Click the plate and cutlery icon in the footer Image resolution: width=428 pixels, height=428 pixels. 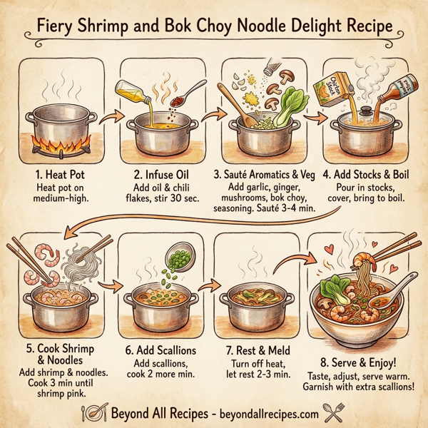click(x=95, y=412)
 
